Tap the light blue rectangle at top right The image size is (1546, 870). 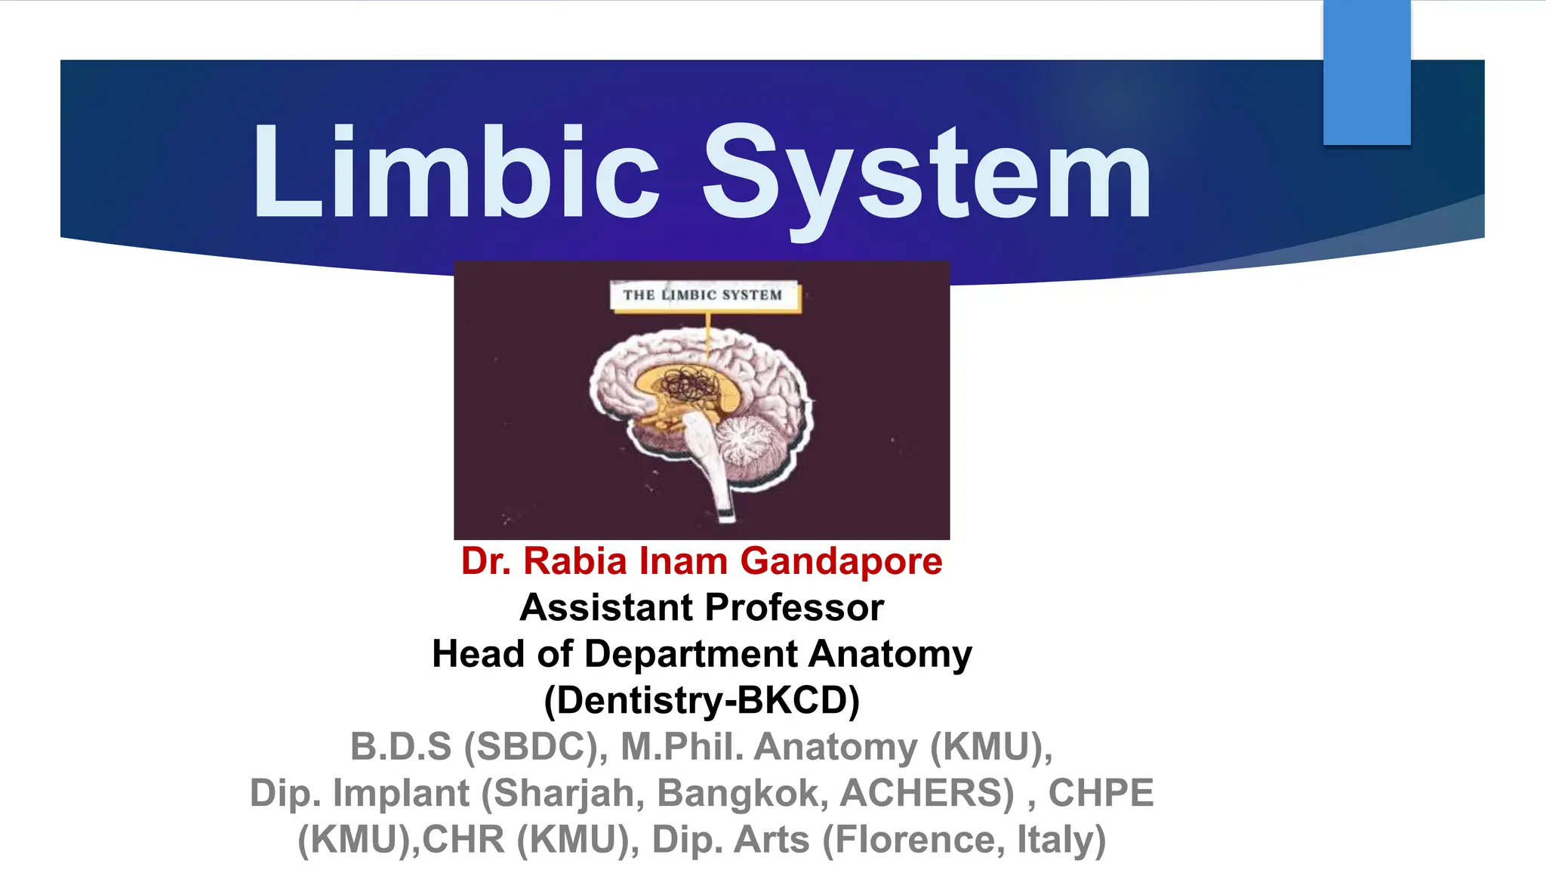pyautogui.click(x=1366, y=72)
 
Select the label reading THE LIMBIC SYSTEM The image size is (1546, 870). pyautogui.click(x=703, y=295)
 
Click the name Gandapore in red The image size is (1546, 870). pyautogui.click(x=841, y=562)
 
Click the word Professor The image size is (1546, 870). pyautogui.click(x=794, y=608)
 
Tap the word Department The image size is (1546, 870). pyautogui.click(x=691, y=654)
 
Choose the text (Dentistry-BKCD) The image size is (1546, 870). pyautogui.click(x=702, y=701)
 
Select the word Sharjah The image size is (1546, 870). pyautogui.click(x=569, y=794)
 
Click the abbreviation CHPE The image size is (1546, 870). pyautogui.click(x=1101, y=794)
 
